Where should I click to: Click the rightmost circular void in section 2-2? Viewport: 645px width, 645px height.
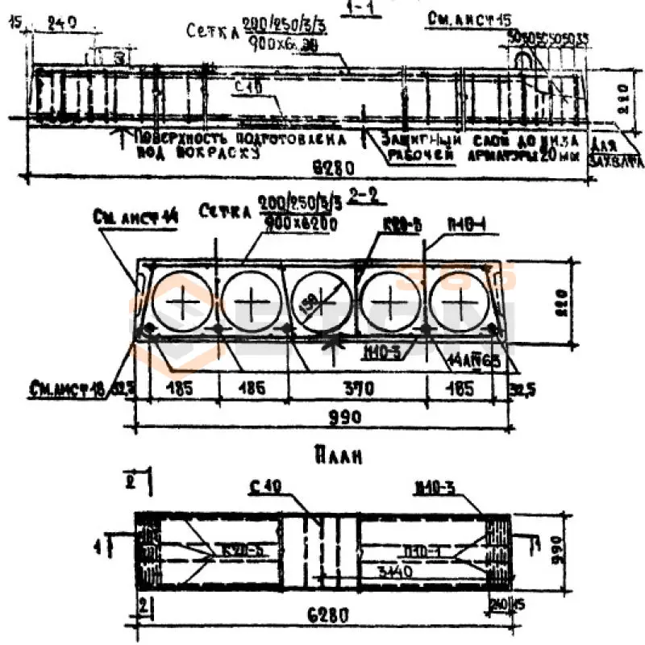click(460, 302)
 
